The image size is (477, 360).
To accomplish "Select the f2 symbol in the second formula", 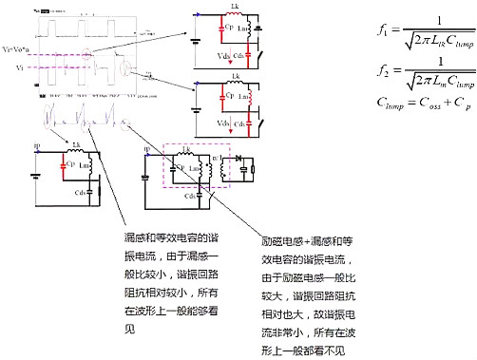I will coord(381,71).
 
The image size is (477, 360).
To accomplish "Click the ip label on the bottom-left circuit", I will coord(37,145).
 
